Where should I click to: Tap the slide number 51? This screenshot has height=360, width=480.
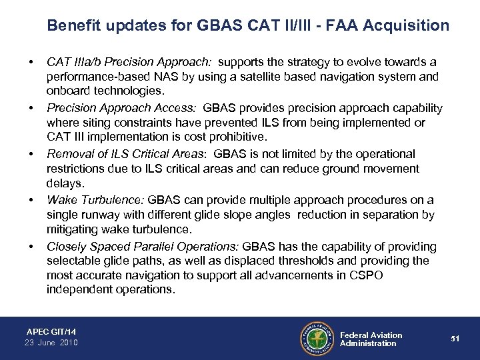[x=453, y=339]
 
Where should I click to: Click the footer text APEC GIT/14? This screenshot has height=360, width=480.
[x=51, y=331]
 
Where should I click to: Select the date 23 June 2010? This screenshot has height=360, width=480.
[x=51, y=343]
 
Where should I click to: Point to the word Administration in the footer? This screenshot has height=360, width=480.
[x=368, y=343]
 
